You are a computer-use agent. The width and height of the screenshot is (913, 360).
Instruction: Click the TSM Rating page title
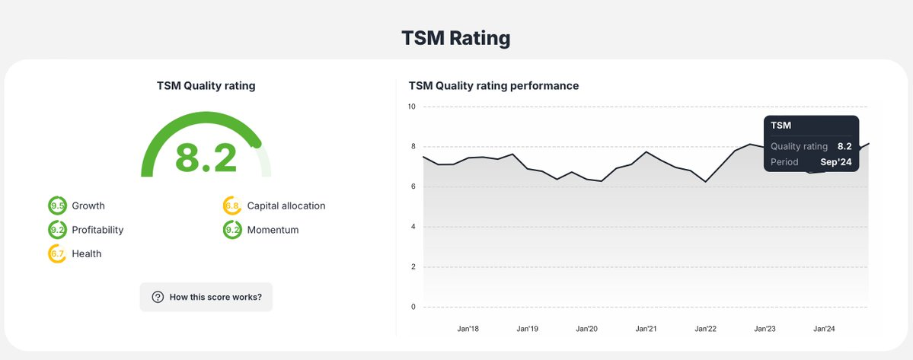[456, 38]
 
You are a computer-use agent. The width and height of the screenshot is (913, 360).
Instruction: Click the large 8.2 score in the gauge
[206, 158]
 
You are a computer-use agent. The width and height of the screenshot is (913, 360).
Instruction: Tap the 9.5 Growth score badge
[57, 205]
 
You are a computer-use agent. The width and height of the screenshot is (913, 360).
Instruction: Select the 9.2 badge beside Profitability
[57, 230]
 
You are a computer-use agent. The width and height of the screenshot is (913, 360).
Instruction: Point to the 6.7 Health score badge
[57, 254]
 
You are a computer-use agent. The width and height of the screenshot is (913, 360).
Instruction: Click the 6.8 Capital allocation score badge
[232, 205]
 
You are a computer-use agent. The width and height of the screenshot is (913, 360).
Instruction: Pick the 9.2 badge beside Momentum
[232, 230]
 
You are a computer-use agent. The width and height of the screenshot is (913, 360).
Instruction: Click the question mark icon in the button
[158, 297]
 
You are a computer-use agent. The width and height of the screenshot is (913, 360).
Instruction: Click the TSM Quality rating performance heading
[493, 86]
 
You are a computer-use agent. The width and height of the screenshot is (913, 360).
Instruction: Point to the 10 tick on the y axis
[411, 107]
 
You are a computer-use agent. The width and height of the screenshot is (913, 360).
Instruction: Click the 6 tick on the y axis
[412, 186]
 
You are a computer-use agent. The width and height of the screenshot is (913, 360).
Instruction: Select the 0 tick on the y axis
[412, 307]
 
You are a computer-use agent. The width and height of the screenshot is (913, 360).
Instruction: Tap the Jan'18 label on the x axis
[468, 329]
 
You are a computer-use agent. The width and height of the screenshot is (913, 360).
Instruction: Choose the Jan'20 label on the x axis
[586, 329]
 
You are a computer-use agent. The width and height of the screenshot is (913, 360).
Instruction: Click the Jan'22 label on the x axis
[705, 329]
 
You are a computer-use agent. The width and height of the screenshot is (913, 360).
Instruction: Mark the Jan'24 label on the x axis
[824, 329]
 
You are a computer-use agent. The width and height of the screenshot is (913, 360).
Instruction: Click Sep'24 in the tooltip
[835, 162]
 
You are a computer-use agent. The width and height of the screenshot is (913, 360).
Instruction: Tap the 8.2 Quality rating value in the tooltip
[844, 146]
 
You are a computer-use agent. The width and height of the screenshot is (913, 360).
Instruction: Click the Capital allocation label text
[286, 205]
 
